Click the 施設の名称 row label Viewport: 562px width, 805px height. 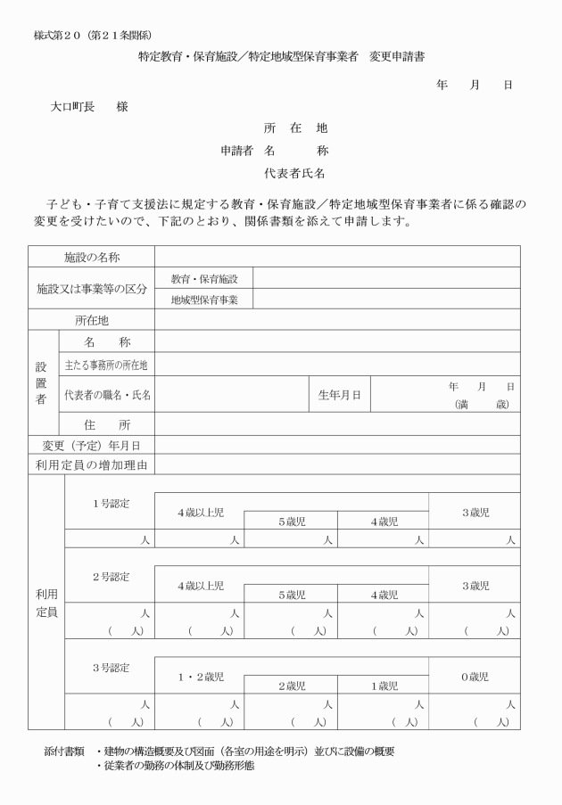point(91,257)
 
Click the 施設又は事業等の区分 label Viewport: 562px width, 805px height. point(91,290)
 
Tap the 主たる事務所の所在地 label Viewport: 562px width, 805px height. point(106,365)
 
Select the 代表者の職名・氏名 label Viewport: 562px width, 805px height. point(106,394)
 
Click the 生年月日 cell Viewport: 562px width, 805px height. point(339,394)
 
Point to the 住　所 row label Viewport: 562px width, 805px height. point(106,424)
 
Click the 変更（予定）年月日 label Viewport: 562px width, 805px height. point(91,446)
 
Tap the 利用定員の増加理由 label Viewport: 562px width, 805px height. point(91,464)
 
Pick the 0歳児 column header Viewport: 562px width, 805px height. point(474,677)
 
